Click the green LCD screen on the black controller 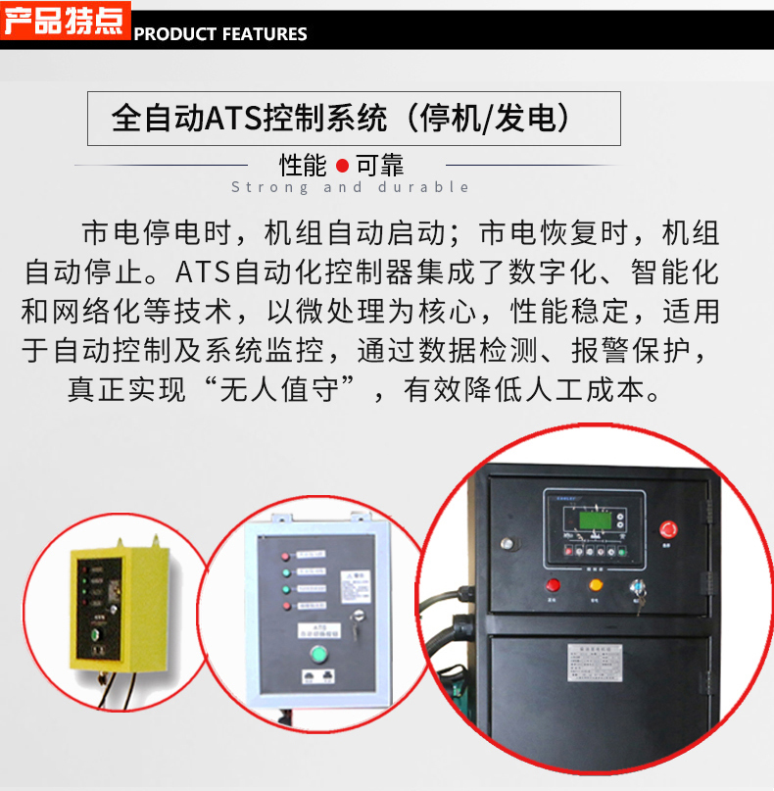tap(592, 519)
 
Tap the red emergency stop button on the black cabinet tap(671, 529)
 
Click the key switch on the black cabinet tap(637, 591)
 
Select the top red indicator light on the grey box tap(285, 556)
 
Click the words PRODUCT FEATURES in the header tap(220, 34)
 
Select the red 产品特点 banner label tap(64, 21)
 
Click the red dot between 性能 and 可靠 tap(342, 166)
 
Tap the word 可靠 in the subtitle tap(379, 166)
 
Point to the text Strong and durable tap(351, 187)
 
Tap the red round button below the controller tap(553, 585)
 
